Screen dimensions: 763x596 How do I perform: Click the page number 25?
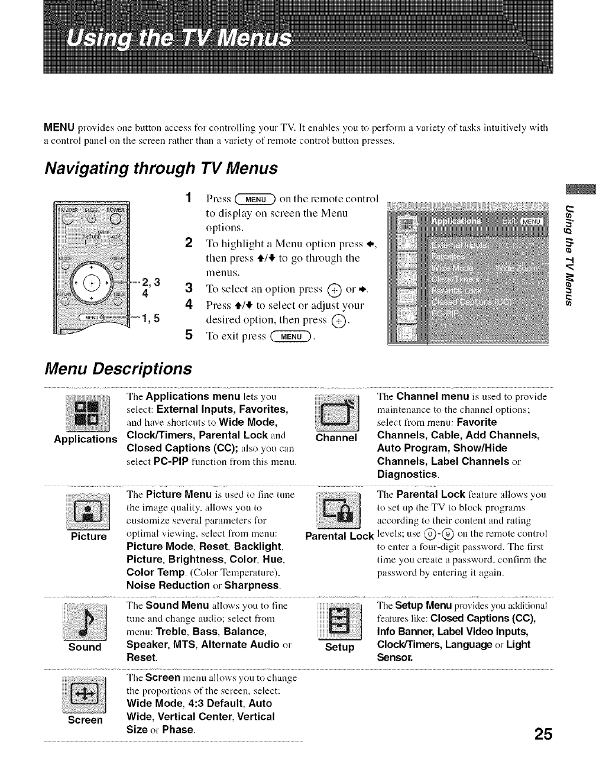(x=542, y=734)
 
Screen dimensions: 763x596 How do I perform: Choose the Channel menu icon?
(x=335, y=410)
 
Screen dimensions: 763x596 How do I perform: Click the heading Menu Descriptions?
(x=119, y=368)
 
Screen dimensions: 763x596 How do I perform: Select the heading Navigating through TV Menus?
(x=161, y=168)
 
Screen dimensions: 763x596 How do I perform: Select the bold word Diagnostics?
(x=407, y=474)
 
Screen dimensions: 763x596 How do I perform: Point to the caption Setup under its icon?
(x=339, y=647)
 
